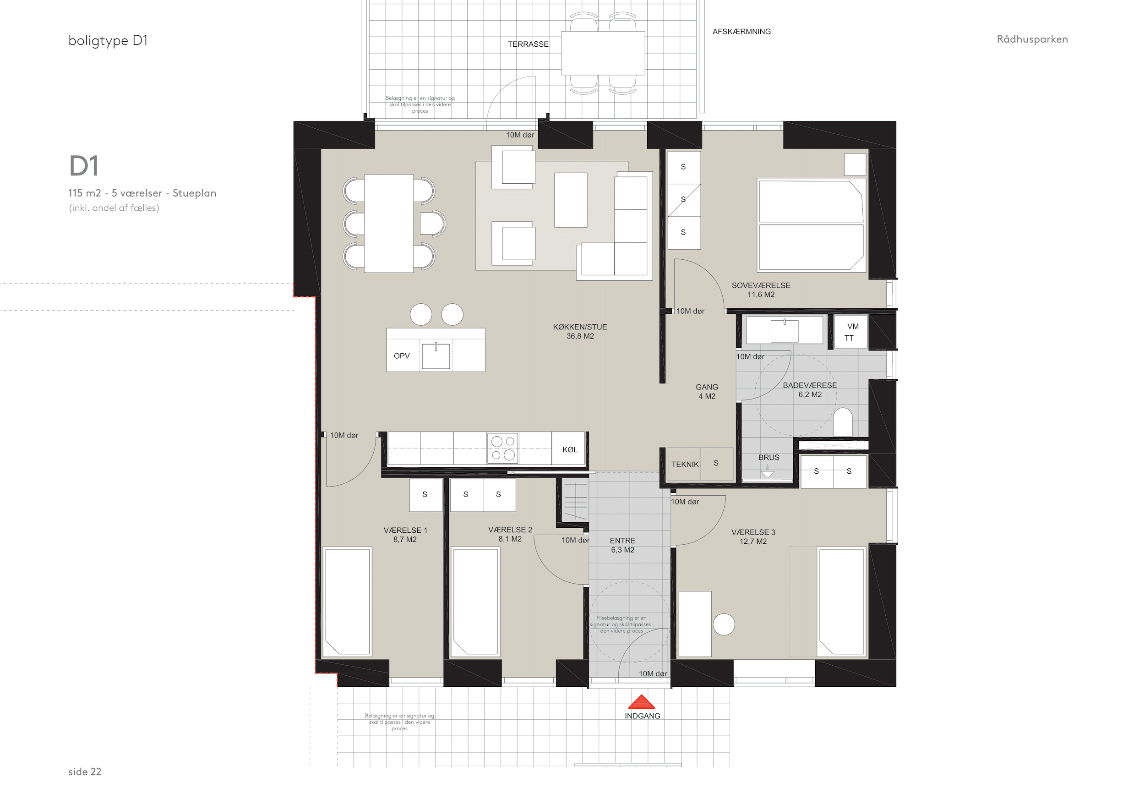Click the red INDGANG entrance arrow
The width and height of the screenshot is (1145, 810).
click(x=641, y=702)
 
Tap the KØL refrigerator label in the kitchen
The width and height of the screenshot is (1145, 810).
click(x=570, y=449)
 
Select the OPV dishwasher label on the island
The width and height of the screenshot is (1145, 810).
click(x=402, y=356)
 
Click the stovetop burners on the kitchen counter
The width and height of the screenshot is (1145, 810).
click(x=503, y=448)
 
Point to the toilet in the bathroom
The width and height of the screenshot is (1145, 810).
click(x=843, y=422)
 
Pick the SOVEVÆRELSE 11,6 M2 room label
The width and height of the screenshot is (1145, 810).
click(x=761, y=290)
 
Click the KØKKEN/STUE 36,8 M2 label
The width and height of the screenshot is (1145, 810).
click(x=580, y=331)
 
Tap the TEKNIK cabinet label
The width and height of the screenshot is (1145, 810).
click(x=685, y=465)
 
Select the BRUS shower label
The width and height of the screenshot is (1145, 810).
click(x=769, y=457)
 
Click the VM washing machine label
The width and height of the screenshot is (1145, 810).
click(x=853, y=326)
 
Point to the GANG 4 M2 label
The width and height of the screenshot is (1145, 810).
click(x=707, y=392)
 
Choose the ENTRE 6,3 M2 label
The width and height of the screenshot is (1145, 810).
click(x=622, y=545)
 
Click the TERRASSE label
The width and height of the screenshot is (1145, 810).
click(x=528, y=44)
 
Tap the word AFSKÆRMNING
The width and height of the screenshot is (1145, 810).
click(x=742, y=32)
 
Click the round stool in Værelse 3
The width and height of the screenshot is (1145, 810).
click(x=724, y=624)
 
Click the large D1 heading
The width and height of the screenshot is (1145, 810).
click(x=84, y=166)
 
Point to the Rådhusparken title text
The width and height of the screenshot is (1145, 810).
click(x=1032, y=39)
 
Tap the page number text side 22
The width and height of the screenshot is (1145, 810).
click(x=85, y=772)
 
